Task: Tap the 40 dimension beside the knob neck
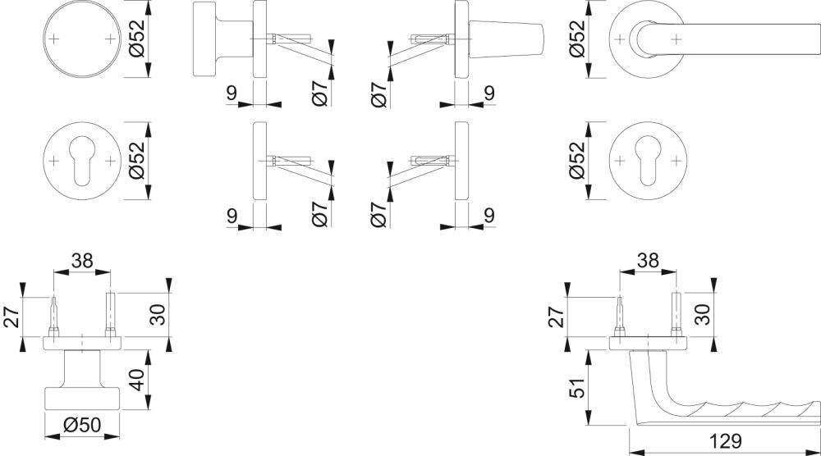(x=137, y=381)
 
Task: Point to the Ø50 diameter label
(x=81, y=426)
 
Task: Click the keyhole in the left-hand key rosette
(x=82, y=161)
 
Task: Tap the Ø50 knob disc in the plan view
(x=81, y=397)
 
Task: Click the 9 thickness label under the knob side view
(x=232, y=93)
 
